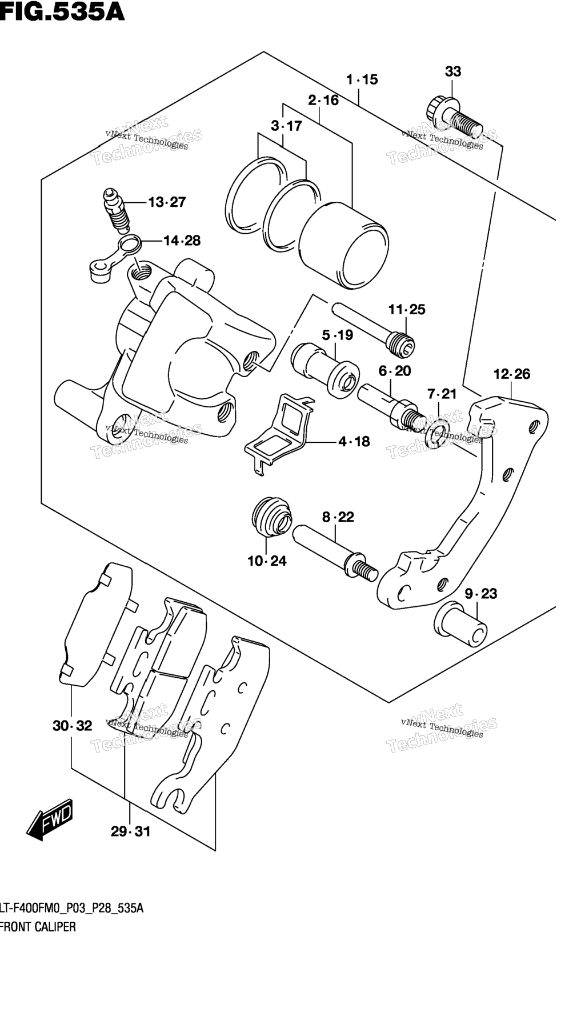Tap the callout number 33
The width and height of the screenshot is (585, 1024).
tap(452, 71)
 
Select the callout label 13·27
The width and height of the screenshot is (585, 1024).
tap(167, 202)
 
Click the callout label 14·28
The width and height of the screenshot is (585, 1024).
tap(182, 241)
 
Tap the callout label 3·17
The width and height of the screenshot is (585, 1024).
tap(286, 126)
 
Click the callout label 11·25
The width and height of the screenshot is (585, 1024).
tap(407, 310)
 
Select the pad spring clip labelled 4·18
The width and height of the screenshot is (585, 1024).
tap(280, 431)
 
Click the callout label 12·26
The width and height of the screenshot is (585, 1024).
tap(511, 374)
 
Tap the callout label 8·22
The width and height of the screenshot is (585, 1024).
tap(338, 517)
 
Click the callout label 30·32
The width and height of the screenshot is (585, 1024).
tap(72, 726)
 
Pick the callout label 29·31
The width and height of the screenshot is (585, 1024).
tap(130, 831)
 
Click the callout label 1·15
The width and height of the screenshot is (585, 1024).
tap(362, 79)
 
